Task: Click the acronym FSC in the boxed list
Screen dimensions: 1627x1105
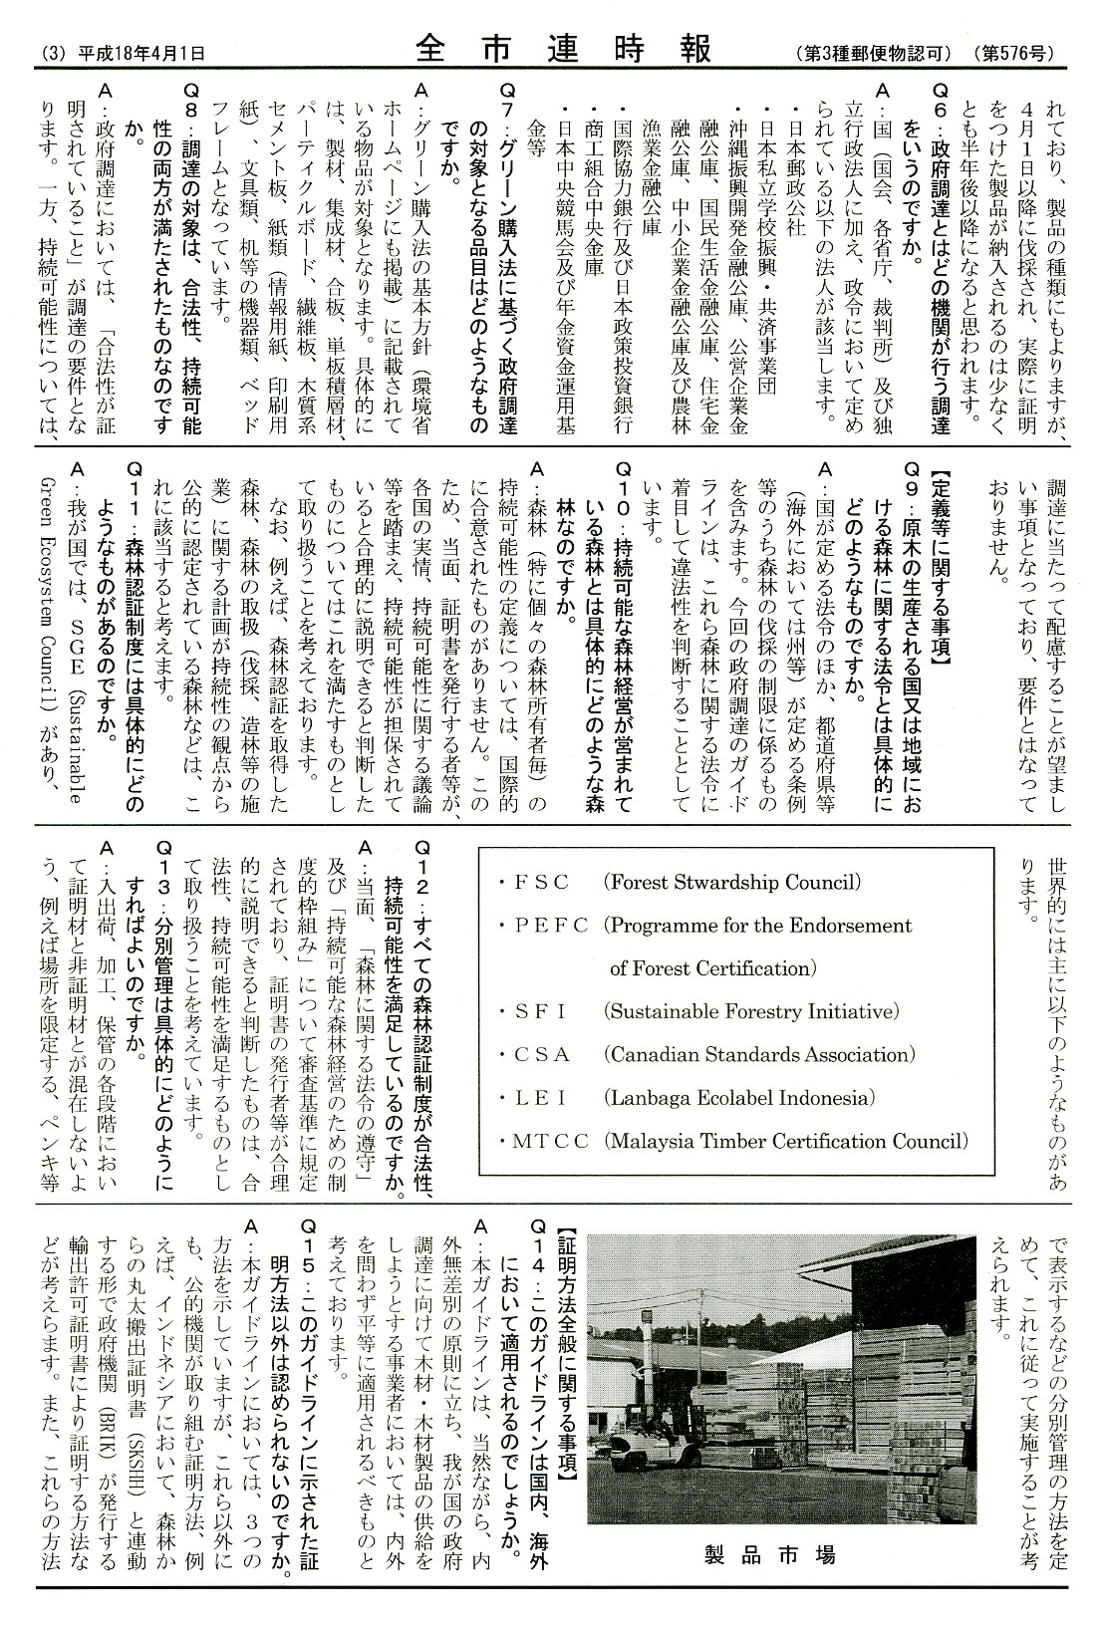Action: [x=541, y=882]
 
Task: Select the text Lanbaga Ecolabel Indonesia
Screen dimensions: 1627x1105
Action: [x=738, y=1097]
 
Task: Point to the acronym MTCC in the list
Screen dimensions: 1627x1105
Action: [x=551, y=1141]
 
